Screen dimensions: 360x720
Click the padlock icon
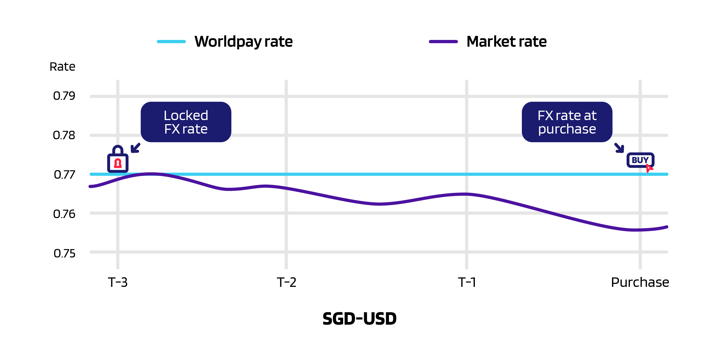[118, 160]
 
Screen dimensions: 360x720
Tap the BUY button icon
[640, 160]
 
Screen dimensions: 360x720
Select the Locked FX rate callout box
[186, 122]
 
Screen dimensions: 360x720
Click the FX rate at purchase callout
[567, 122]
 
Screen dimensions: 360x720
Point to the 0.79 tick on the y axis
[64, 96]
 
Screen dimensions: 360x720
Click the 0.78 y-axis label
[64, 135]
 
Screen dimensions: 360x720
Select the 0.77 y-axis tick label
[64, 175]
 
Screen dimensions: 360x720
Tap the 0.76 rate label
[64, 214]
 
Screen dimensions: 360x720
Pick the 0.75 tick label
[64, 253]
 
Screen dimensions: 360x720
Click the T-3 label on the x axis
[118, 282]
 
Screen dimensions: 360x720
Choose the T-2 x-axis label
[286, 282]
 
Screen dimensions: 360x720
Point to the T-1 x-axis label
[467, 282]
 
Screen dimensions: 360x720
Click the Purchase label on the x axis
[640, 282]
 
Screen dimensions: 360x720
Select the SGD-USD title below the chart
[360, 319]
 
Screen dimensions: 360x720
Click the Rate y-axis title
[62, 67]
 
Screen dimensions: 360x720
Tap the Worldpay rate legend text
[244, 42]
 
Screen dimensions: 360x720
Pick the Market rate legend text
[506, 42]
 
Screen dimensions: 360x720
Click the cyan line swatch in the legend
[171, 42]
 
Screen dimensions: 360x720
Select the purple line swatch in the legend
[443, 42]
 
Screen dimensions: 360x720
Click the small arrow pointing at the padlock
[136, 148]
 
